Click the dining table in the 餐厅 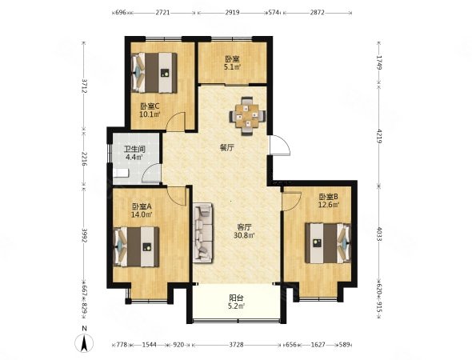247,116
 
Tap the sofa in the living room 202,233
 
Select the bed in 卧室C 154,73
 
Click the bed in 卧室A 136,246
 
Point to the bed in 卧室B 328,243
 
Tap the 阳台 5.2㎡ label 236,302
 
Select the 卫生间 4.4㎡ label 134,153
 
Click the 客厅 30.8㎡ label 244,231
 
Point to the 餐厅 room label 227,147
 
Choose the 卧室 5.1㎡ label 232,62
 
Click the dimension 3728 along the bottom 236,345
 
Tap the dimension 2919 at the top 232,12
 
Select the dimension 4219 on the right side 379,135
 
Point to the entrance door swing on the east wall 280,145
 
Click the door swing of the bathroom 151,174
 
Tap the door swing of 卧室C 176,122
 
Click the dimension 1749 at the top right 379,62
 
